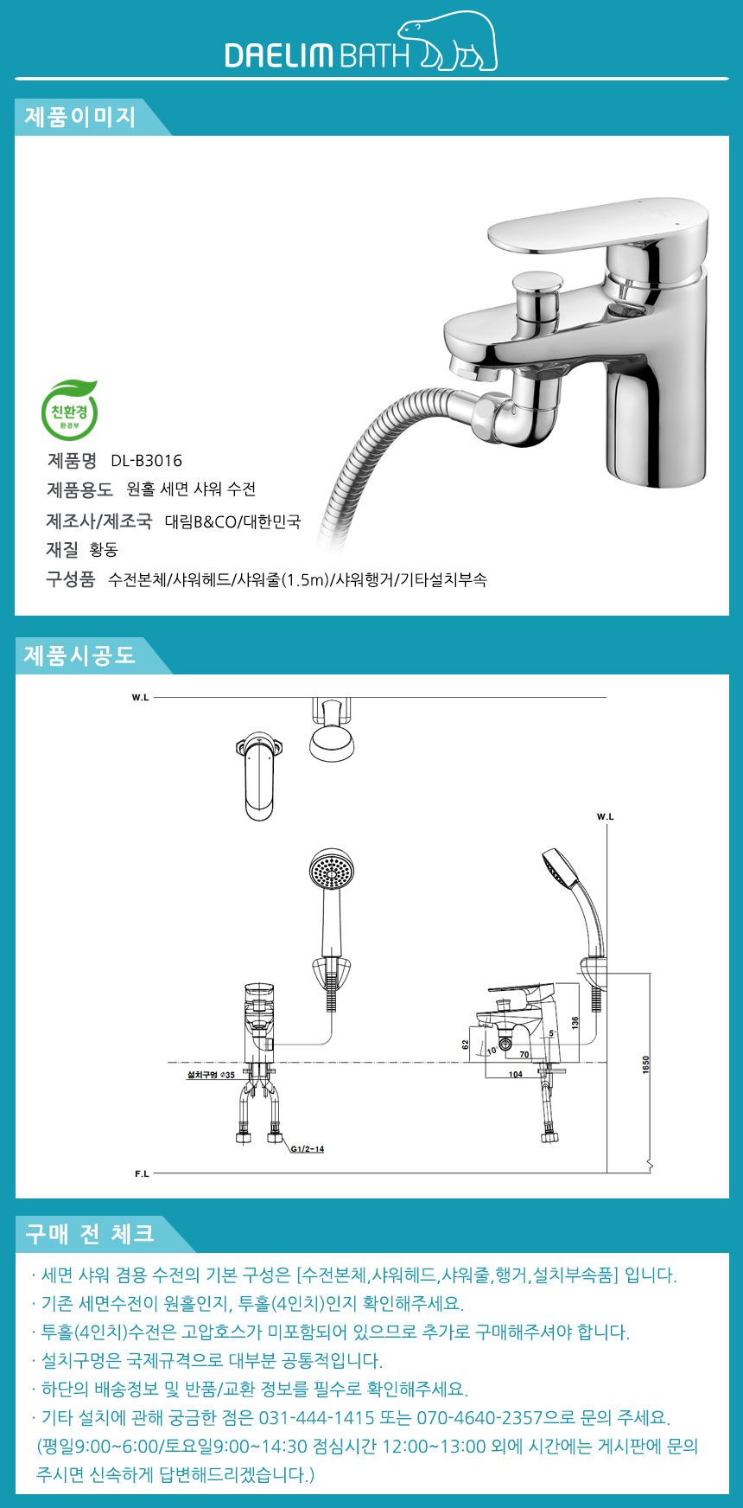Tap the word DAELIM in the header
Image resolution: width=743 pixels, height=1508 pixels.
tap(279, 55)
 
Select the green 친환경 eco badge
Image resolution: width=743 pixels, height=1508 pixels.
tap(70, 411)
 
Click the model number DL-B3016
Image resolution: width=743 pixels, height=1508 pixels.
tap(147, 461)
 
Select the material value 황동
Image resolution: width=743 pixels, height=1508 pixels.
tap(104, 550)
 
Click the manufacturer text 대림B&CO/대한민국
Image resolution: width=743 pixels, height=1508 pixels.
tap(232, 521)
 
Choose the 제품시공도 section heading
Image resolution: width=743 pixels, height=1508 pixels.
tap(79, 655)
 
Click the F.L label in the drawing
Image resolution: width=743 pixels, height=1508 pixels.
tap(142, 1173)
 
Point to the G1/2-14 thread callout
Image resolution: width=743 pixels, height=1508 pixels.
tap(308, 1149)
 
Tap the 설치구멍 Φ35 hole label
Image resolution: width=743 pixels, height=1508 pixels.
tap(211, 1075)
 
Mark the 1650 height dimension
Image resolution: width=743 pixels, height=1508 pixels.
tap(645, 1065)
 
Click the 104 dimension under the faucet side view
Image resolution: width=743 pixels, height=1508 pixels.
tap(515, 1075)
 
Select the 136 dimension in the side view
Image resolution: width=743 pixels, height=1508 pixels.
tap(575, 1021)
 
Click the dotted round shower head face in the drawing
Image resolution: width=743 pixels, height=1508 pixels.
tap(332, 869)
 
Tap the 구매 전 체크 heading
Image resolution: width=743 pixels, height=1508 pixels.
tap(90, 1234)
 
